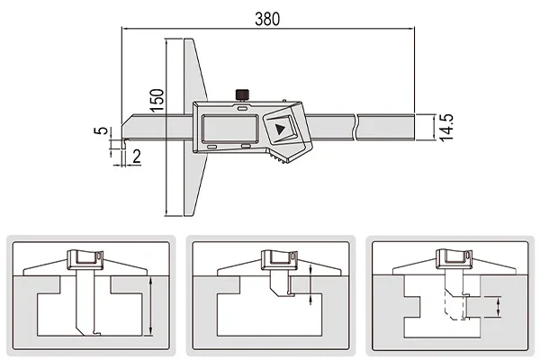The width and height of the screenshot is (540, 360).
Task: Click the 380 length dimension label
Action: click(x=267, y=19)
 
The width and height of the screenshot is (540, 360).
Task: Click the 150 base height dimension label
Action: click(x=157, y=100)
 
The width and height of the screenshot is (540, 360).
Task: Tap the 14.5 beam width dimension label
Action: click(x=446, y=128)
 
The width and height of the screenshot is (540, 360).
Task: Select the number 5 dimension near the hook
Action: click(x=101, y=130)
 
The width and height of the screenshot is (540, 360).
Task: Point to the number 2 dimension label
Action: click(x=137, y=157)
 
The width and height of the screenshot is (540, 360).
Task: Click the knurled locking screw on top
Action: click(x=243, y=94)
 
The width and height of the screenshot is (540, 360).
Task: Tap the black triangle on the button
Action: click(x=280, y=130)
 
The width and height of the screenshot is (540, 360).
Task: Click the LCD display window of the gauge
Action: click(x=230, y=128)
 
